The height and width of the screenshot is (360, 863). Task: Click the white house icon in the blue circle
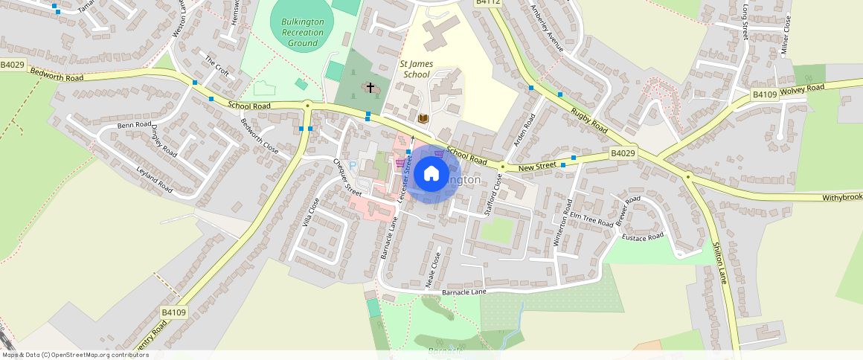431,174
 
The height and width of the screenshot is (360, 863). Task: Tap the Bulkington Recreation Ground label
303,33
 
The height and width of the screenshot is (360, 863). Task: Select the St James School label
417,69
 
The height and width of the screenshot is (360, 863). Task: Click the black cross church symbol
370,89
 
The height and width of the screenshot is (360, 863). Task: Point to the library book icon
423,118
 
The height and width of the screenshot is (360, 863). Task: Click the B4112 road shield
488,2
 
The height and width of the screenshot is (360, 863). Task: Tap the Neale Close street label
432,269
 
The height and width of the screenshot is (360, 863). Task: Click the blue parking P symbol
353,164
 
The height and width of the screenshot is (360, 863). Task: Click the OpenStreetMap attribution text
74,355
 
